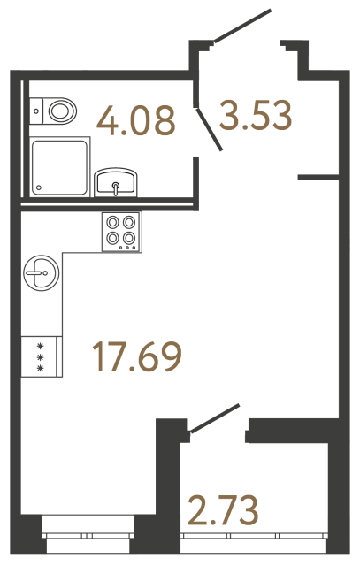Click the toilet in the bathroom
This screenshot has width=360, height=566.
(x=57, y=111)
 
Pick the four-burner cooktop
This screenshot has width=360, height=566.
(x=122, y=231)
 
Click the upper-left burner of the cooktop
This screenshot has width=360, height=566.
(x=114, y=223)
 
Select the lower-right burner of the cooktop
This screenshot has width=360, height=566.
(x=130, y=239)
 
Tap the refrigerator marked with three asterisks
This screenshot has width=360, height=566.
(x=42, y=355)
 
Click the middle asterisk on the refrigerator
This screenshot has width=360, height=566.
(x=40, y=355)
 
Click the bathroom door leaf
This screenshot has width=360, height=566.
(x=209, y=126)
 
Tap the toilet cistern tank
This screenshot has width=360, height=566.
(x=35, y=109)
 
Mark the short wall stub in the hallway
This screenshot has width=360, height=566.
(x=319, y=179)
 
